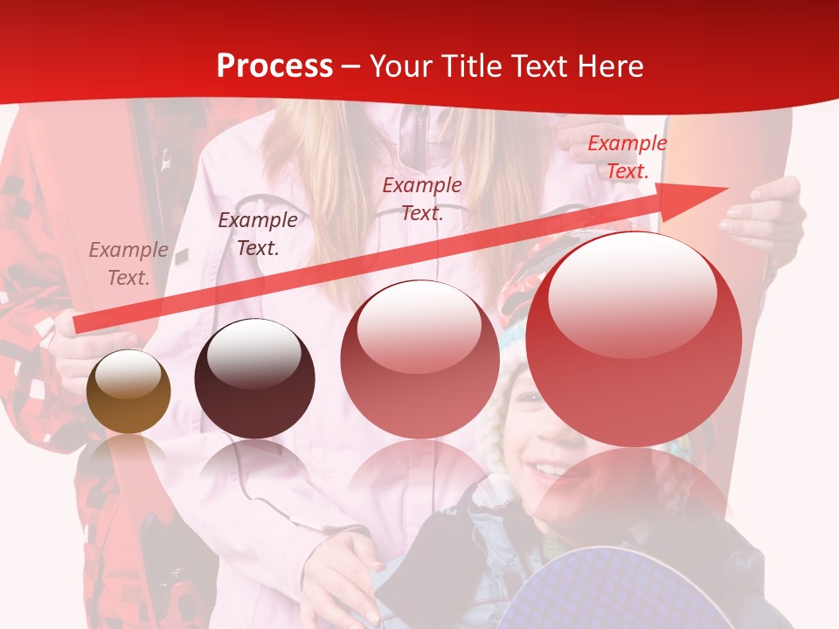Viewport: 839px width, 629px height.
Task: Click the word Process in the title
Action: (274, 66)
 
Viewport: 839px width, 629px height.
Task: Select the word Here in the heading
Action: (608, 66)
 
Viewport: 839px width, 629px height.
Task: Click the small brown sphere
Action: (128, 391)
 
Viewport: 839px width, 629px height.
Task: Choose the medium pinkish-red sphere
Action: (419, 358)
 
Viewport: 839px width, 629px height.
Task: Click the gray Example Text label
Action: (128, 264)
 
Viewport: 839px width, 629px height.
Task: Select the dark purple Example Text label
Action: (257, 234)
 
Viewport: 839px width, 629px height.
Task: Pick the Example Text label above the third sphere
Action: (422, 198)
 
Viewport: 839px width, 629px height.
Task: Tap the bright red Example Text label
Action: (627, 157)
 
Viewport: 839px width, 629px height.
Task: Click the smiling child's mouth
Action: (549, 471)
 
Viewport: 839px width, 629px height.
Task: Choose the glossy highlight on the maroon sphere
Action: (253, 353)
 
